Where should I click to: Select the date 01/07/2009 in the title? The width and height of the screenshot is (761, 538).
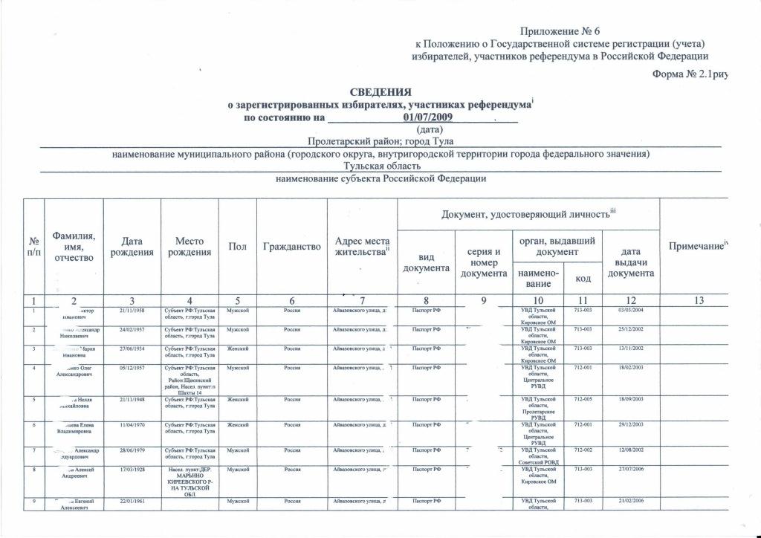(427, 117)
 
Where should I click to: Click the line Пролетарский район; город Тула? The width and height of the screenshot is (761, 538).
(380, 141)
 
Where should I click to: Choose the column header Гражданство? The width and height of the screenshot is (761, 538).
(292, 246)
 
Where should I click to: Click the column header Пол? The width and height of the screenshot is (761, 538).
(238, 246)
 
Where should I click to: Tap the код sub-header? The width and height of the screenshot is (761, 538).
(583, 279)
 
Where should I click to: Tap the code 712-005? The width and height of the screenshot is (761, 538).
(583, 399)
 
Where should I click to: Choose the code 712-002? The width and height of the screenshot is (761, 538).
(583, 450)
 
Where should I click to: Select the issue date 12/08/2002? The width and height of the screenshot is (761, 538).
(630, 450)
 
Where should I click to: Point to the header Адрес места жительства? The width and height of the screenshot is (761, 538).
(362, 246)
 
